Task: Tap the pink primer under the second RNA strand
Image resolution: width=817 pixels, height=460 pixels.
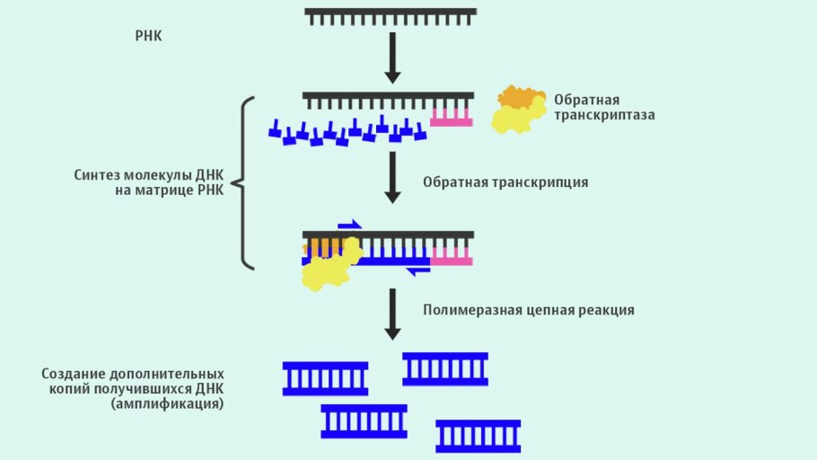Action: [x=451, y=117]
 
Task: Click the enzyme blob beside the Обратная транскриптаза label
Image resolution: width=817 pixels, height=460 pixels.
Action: [x=518, y=110]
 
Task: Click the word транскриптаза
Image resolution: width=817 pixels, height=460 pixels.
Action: [x=604, y=115]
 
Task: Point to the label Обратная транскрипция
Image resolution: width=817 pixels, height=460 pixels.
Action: [x=505, y=182]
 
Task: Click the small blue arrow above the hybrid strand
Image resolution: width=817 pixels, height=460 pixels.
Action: [x=349, y=225]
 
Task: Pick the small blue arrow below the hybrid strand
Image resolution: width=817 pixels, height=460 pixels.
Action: [x=417, y=270]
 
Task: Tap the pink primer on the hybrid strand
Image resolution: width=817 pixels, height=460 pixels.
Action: [x=451, y=257]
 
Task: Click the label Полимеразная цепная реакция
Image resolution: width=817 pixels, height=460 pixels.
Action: [x=529, y=310]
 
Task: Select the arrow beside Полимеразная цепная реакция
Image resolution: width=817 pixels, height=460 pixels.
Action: [x=391, y=313]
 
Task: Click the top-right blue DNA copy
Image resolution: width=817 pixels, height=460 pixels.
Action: [x=445, y=368]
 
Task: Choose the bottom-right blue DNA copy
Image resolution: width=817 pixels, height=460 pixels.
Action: [x=478, y=436]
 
